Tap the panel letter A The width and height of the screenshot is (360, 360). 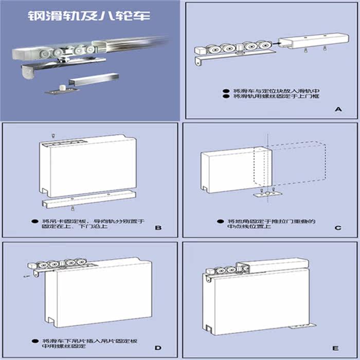(x=338, y=109)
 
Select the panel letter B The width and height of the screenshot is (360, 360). (x=158, y=227)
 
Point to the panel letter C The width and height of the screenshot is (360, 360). (x=337, y=227)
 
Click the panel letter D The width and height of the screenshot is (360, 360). (x=158, y=349)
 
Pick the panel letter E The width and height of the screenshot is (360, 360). (x=337, y=349)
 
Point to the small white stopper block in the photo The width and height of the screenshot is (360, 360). (x=62, y=83)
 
